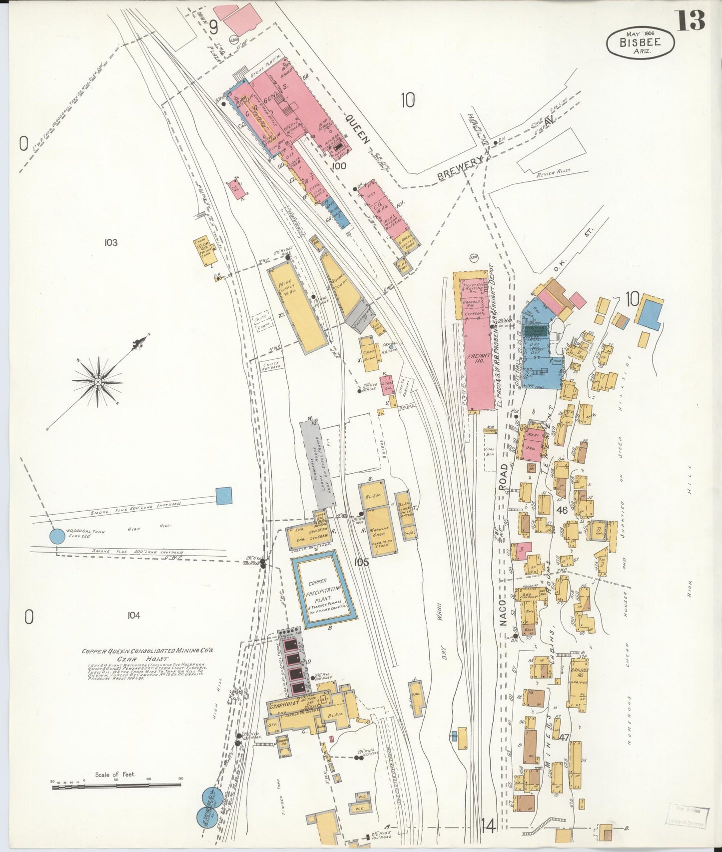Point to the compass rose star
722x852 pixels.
coord(98,382)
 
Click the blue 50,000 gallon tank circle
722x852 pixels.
coord(57,537)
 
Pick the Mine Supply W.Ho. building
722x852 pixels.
coord(297,306)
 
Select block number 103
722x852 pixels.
coord(111,243)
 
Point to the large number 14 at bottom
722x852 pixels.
coord(489,826)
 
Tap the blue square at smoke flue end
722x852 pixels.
coord(224,495)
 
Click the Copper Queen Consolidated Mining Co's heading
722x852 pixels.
coord(148,651)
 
